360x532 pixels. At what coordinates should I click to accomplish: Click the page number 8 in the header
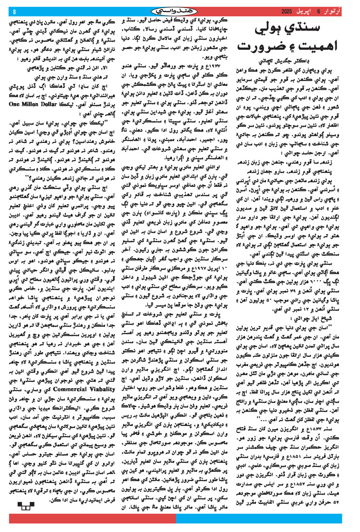14,11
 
